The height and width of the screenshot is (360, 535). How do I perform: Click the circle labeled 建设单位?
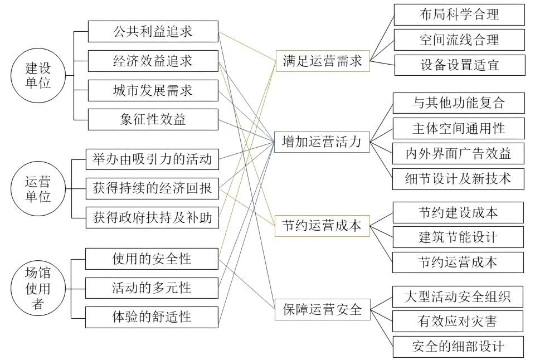38,75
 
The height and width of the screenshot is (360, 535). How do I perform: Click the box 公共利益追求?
153,31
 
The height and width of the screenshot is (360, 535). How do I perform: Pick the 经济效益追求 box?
153,61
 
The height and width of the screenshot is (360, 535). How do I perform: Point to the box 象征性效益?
153,119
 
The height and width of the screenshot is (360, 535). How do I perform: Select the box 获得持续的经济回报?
152,188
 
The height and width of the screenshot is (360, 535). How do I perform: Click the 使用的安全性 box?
152,259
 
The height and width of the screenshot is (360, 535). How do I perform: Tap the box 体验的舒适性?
152,317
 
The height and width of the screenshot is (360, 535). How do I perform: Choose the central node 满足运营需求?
323,61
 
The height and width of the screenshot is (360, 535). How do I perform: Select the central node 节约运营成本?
323,226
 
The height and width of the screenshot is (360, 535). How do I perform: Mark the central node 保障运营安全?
323,309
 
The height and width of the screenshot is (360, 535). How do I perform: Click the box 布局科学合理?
459,14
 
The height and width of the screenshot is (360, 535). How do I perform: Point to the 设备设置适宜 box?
459,65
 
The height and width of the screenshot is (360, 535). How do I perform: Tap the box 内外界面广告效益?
459,152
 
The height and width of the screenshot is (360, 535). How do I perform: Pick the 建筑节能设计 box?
459,237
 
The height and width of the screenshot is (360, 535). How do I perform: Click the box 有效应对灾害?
459,321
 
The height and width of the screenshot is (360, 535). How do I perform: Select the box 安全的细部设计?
459,347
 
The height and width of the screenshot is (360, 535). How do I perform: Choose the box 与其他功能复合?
459,103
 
